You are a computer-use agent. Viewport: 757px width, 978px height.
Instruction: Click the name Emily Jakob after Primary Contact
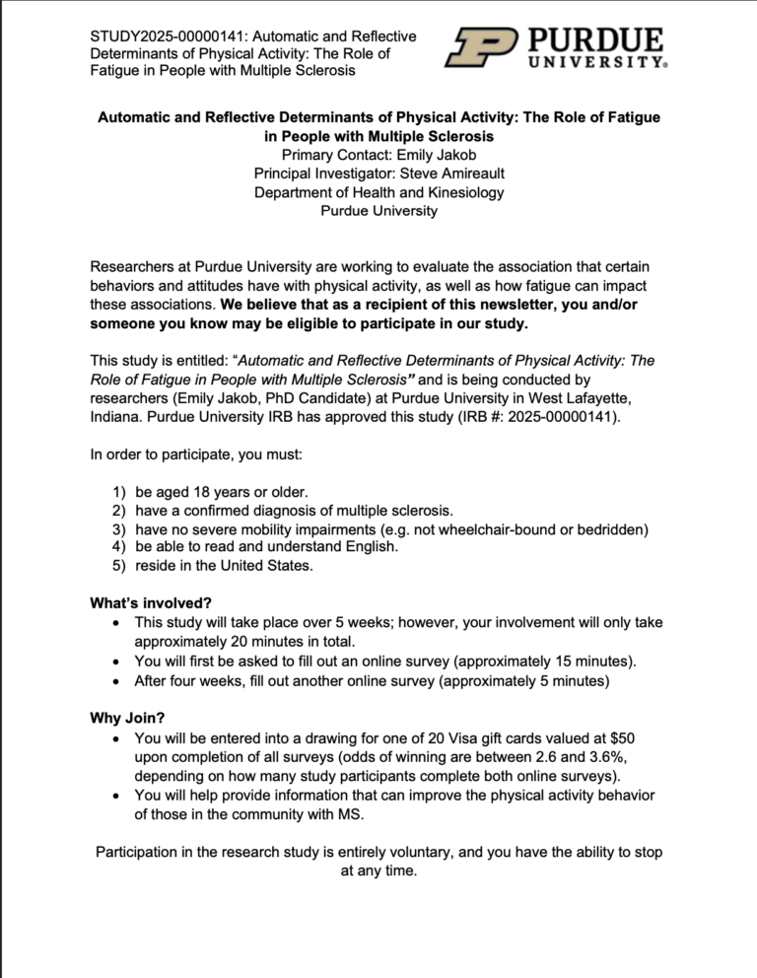click(x=434, y=155)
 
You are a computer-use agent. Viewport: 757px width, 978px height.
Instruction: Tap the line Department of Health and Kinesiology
click(x=378, y=192)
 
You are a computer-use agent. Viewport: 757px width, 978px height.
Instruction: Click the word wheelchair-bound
click(x=502, y=528)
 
